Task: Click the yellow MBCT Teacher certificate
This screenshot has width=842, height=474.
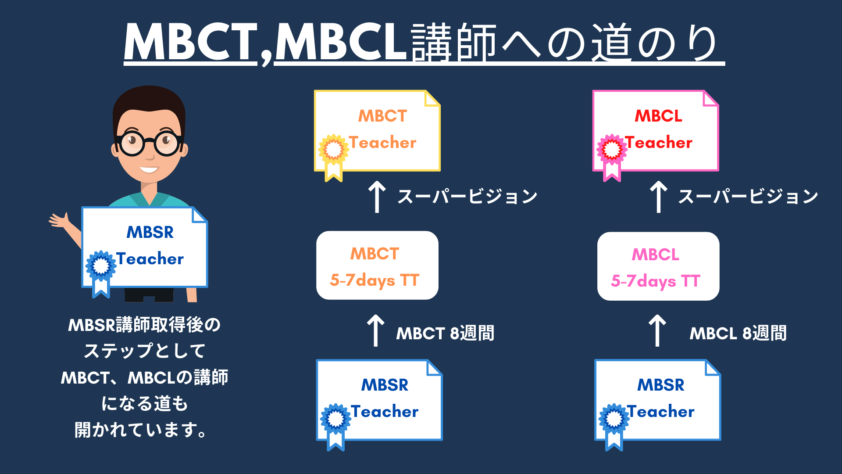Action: click(x=377, y=131)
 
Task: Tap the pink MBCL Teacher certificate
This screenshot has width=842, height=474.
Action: click(x=656, y=131)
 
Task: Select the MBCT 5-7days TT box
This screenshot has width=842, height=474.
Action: click(x=377, y=266)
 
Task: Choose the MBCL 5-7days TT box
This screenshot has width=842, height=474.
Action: click(x=658, y=266)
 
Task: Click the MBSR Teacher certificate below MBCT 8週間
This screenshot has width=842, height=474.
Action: click(x=379, y=400)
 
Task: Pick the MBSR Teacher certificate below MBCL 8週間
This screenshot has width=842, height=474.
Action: click(x=657, y=400)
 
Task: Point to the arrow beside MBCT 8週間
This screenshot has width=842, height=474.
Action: click(x=375, y=330)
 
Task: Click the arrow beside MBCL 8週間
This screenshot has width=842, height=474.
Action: click(x=657, y=330)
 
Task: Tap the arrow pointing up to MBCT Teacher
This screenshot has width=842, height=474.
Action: click(x=377, y=197)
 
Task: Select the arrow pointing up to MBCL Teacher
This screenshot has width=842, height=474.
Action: click(x=658, y=197)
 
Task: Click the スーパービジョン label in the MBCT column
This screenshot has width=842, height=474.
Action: click(x=467, y=196)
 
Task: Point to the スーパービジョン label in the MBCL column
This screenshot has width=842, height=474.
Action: click(x=748, y=196)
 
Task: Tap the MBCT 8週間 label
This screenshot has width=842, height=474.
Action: click(x=445, y=333)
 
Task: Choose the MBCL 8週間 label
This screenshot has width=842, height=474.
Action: click(x=738, y=333)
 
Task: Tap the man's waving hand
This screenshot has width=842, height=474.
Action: click(x=60, y=220)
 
